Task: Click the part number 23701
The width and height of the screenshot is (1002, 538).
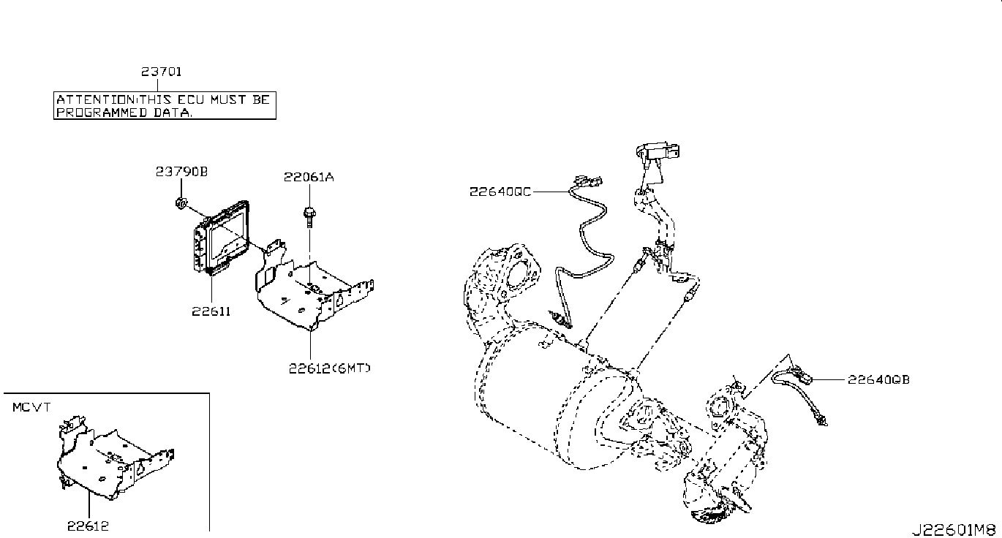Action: pos(162,72)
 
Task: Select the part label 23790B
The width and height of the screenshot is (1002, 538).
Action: pos(181,172)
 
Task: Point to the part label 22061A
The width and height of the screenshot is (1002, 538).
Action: pos(309,177)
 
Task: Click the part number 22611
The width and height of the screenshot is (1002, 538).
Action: pos(211,311)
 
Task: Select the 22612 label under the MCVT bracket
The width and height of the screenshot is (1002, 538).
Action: pos(88,524)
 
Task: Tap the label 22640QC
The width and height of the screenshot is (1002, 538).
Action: pos(500,192)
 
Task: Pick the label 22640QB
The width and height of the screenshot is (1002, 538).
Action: pos(879,379)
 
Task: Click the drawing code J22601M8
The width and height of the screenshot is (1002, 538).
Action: pos(954,529)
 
